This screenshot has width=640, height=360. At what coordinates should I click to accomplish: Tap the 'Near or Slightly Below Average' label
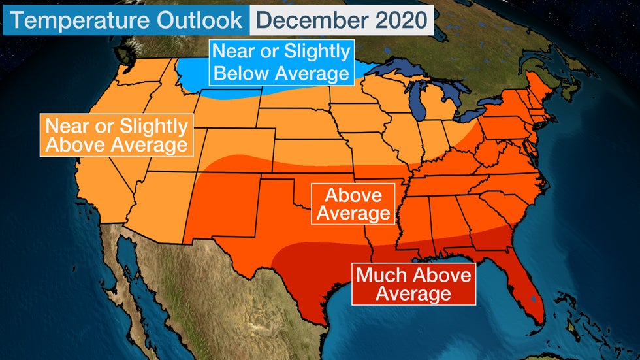click(x=281, y=62)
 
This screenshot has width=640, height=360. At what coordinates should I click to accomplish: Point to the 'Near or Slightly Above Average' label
click(x=116, y=135)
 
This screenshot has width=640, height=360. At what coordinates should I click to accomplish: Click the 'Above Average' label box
click(x=353, y=204)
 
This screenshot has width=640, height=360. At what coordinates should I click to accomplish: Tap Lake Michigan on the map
click(x=418, y=98)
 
